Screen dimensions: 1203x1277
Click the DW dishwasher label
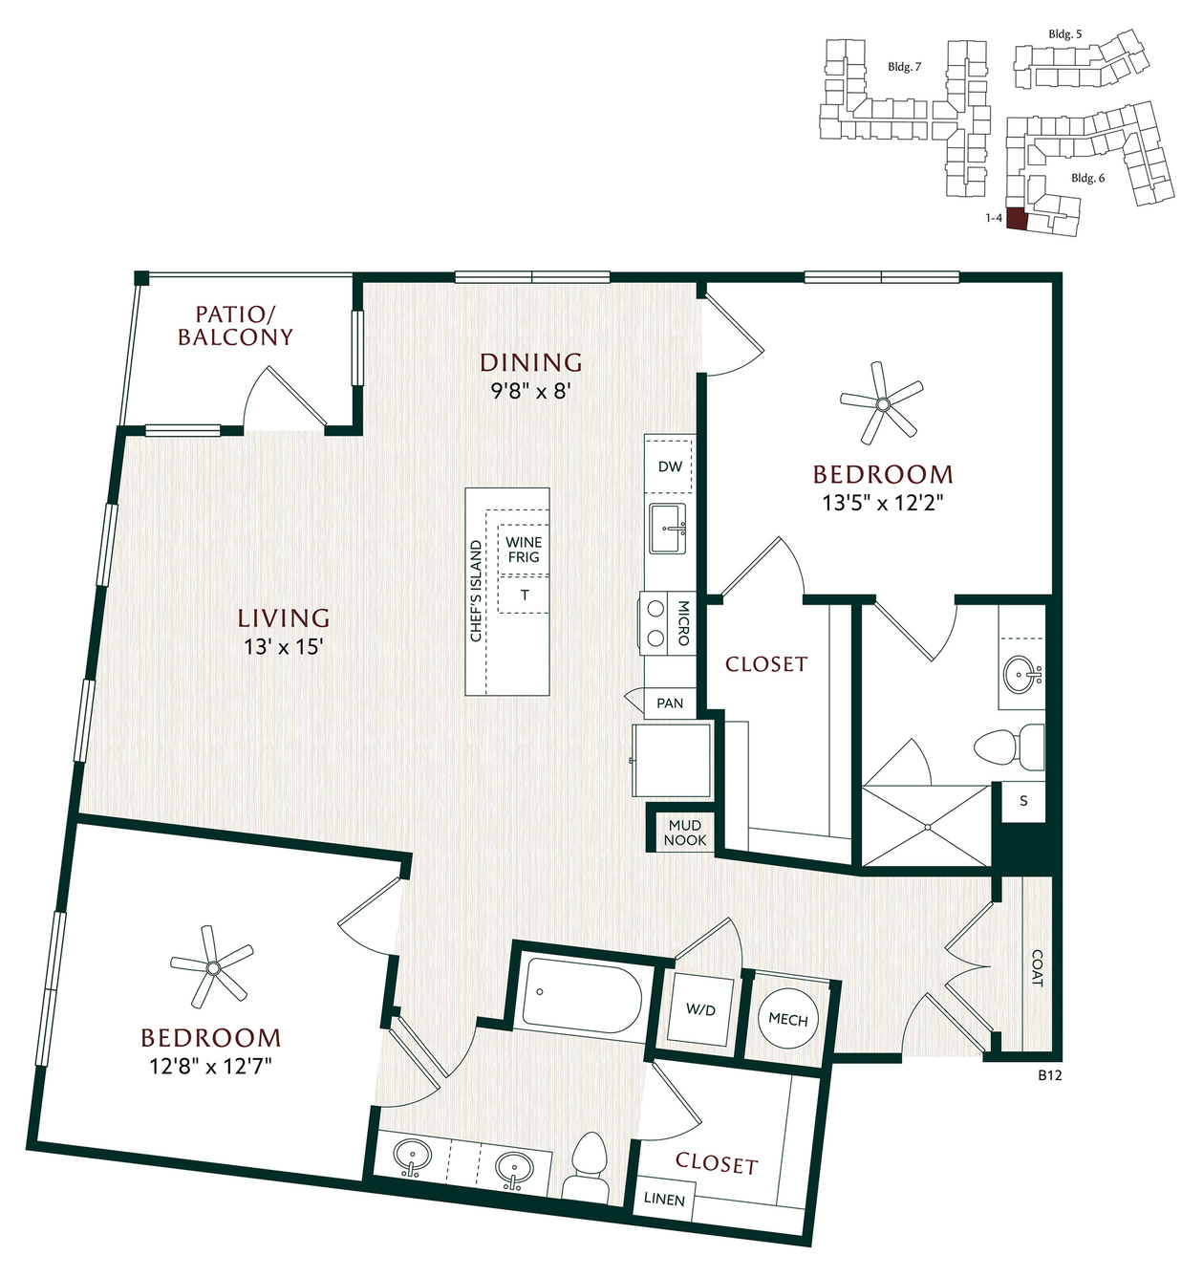click(x=670, y=466)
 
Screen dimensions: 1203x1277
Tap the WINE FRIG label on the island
click(x=524, y=550)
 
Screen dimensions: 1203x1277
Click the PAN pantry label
click(x=670, y=703)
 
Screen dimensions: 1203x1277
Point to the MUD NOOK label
click(x=685, y=833)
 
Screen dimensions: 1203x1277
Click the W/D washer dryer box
click(x=700, y=1010)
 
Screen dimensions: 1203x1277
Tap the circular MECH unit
click(x=788, y=1019)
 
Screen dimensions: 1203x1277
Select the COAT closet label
click(x=1037, y=967)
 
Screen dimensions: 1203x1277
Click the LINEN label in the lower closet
click(x=664, y=1200)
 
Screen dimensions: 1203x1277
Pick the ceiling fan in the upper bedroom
click(x=882, y=403)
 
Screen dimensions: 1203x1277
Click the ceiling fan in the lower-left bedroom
click(x=212, y=966)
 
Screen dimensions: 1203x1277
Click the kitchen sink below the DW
click(x=668, y=528)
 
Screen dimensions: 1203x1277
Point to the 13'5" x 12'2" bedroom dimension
click(x=882, y=503)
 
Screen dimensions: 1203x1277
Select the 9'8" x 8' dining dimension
click(x=531, y=390)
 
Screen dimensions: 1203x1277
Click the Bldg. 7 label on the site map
click(x=905, y=67)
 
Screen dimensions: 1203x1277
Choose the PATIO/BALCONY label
click(x=235, y=326)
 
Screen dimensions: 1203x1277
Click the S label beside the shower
click(x=1023, y=801)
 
